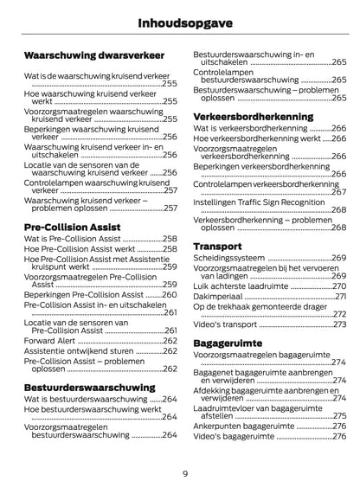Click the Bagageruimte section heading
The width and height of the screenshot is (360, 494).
pos(230,342)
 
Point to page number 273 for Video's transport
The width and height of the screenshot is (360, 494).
pos(338,324)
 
